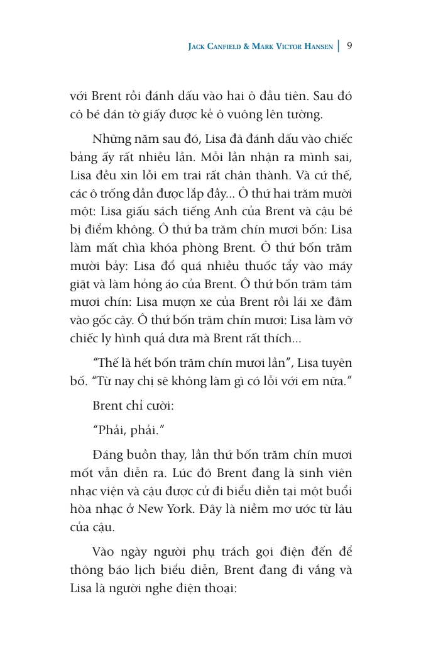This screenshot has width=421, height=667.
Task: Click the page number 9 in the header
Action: [x=349, y=46]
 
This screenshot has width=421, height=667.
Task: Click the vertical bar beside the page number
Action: [x=339, y=46]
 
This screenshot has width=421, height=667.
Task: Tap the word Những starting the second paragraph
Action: [x=111, y=138]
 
